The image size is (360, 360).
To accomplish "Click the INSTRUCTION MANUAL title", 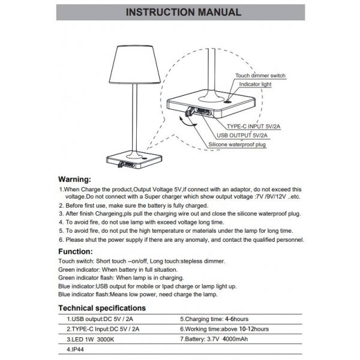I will point(179,12).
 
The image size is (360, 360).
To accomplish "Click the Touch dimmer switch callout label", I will point(260,76).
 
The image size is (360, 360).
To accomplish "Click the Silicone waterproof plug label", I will point(238,145).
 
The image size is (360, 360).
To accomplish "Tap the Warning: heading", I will point(82,179).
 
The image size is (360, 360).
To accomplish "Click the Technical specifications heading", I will point(110,308).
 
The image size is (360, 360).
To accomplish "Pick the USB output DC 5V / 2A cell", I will point(97,320).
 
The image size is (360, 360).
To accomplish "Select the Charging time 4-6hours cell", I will point(215,320).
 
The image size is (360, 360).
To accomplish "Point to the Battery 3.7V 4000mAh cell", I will point(222,339).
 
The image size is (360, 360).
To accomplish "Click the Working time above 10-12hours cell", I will point(224,329).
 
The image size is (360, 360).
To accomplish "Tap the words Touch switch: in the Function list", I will point(76,262).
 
